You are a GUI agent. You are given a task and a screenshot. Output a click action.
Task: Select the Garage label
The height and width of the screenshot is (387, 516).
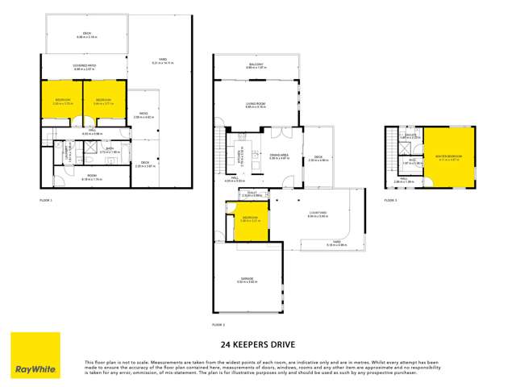[248, 281]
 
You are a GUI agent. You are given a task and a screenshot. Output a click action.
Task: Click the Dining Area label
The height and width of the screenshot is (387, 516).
[280, 156]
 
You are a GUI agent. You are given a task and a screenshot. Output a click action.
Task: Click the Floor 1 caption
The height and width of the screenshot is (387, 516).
[45, 198]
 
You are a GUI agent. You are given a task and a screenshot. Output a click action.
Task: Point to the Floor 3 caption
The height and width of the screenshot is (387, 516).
[391, 198]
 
